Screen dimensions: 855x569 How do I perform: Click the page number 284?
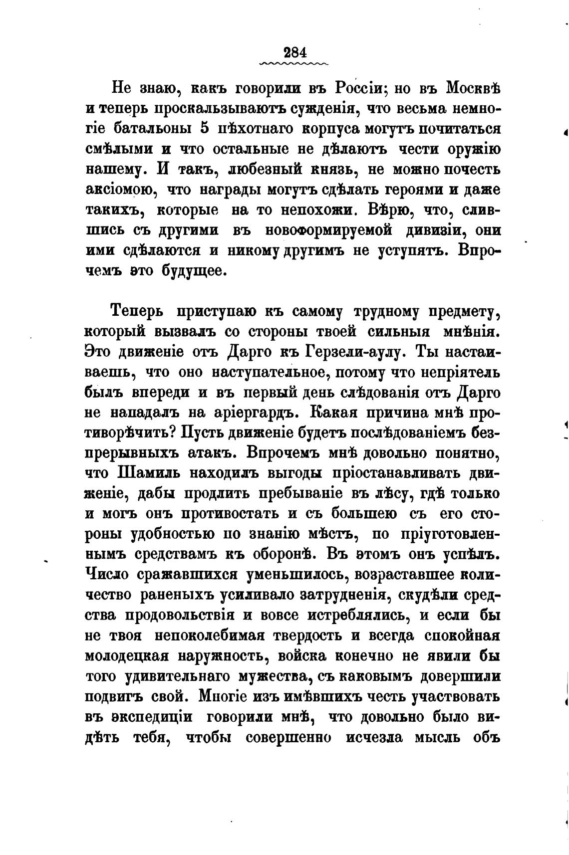(x=294, y=52)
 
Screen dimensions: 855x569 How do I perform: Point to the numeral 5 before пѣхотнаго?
(x=204, y=128)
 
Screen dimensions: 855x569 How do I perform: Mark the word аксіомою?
(x=118, y=190)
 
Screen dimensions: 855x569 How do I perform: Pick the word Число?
(x=107, y=574)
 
